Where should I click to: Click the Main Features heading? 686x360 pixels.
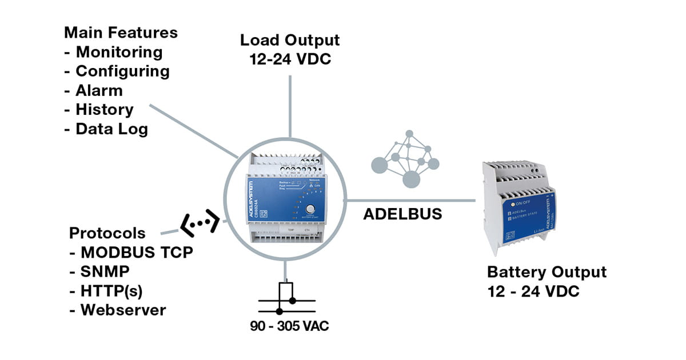[121, 33]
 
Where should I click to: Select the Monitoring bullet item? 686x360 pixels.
[119, 52]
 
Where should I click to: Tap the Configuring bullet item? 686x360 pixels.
[122, 71]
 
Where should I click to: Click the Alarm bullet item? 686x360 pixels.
[99, 90]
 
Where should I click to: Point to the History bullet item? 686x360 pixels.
[104, 109]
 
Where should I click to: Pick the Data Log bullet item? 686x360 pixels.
[111, 129]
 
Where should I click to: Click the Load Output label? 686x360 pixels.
[290, 41]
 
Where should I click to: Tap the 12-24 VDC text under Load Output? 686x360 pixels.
[290, 59]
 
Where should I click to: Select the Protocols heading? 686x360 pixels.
[107, 234]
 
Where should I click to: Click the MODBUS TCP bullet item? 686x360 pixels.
[136, 253]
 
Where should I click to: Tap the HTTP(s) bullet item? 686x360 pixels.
[111, 291]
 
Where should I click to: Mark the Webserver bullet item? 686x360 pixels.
[123, 310]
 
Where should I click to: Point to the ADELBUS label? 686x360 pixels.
[403, 214]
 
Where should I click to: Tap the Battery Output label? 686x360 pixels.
[547, 272]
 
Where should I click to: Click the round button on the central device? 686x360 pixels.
[310, 210]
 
